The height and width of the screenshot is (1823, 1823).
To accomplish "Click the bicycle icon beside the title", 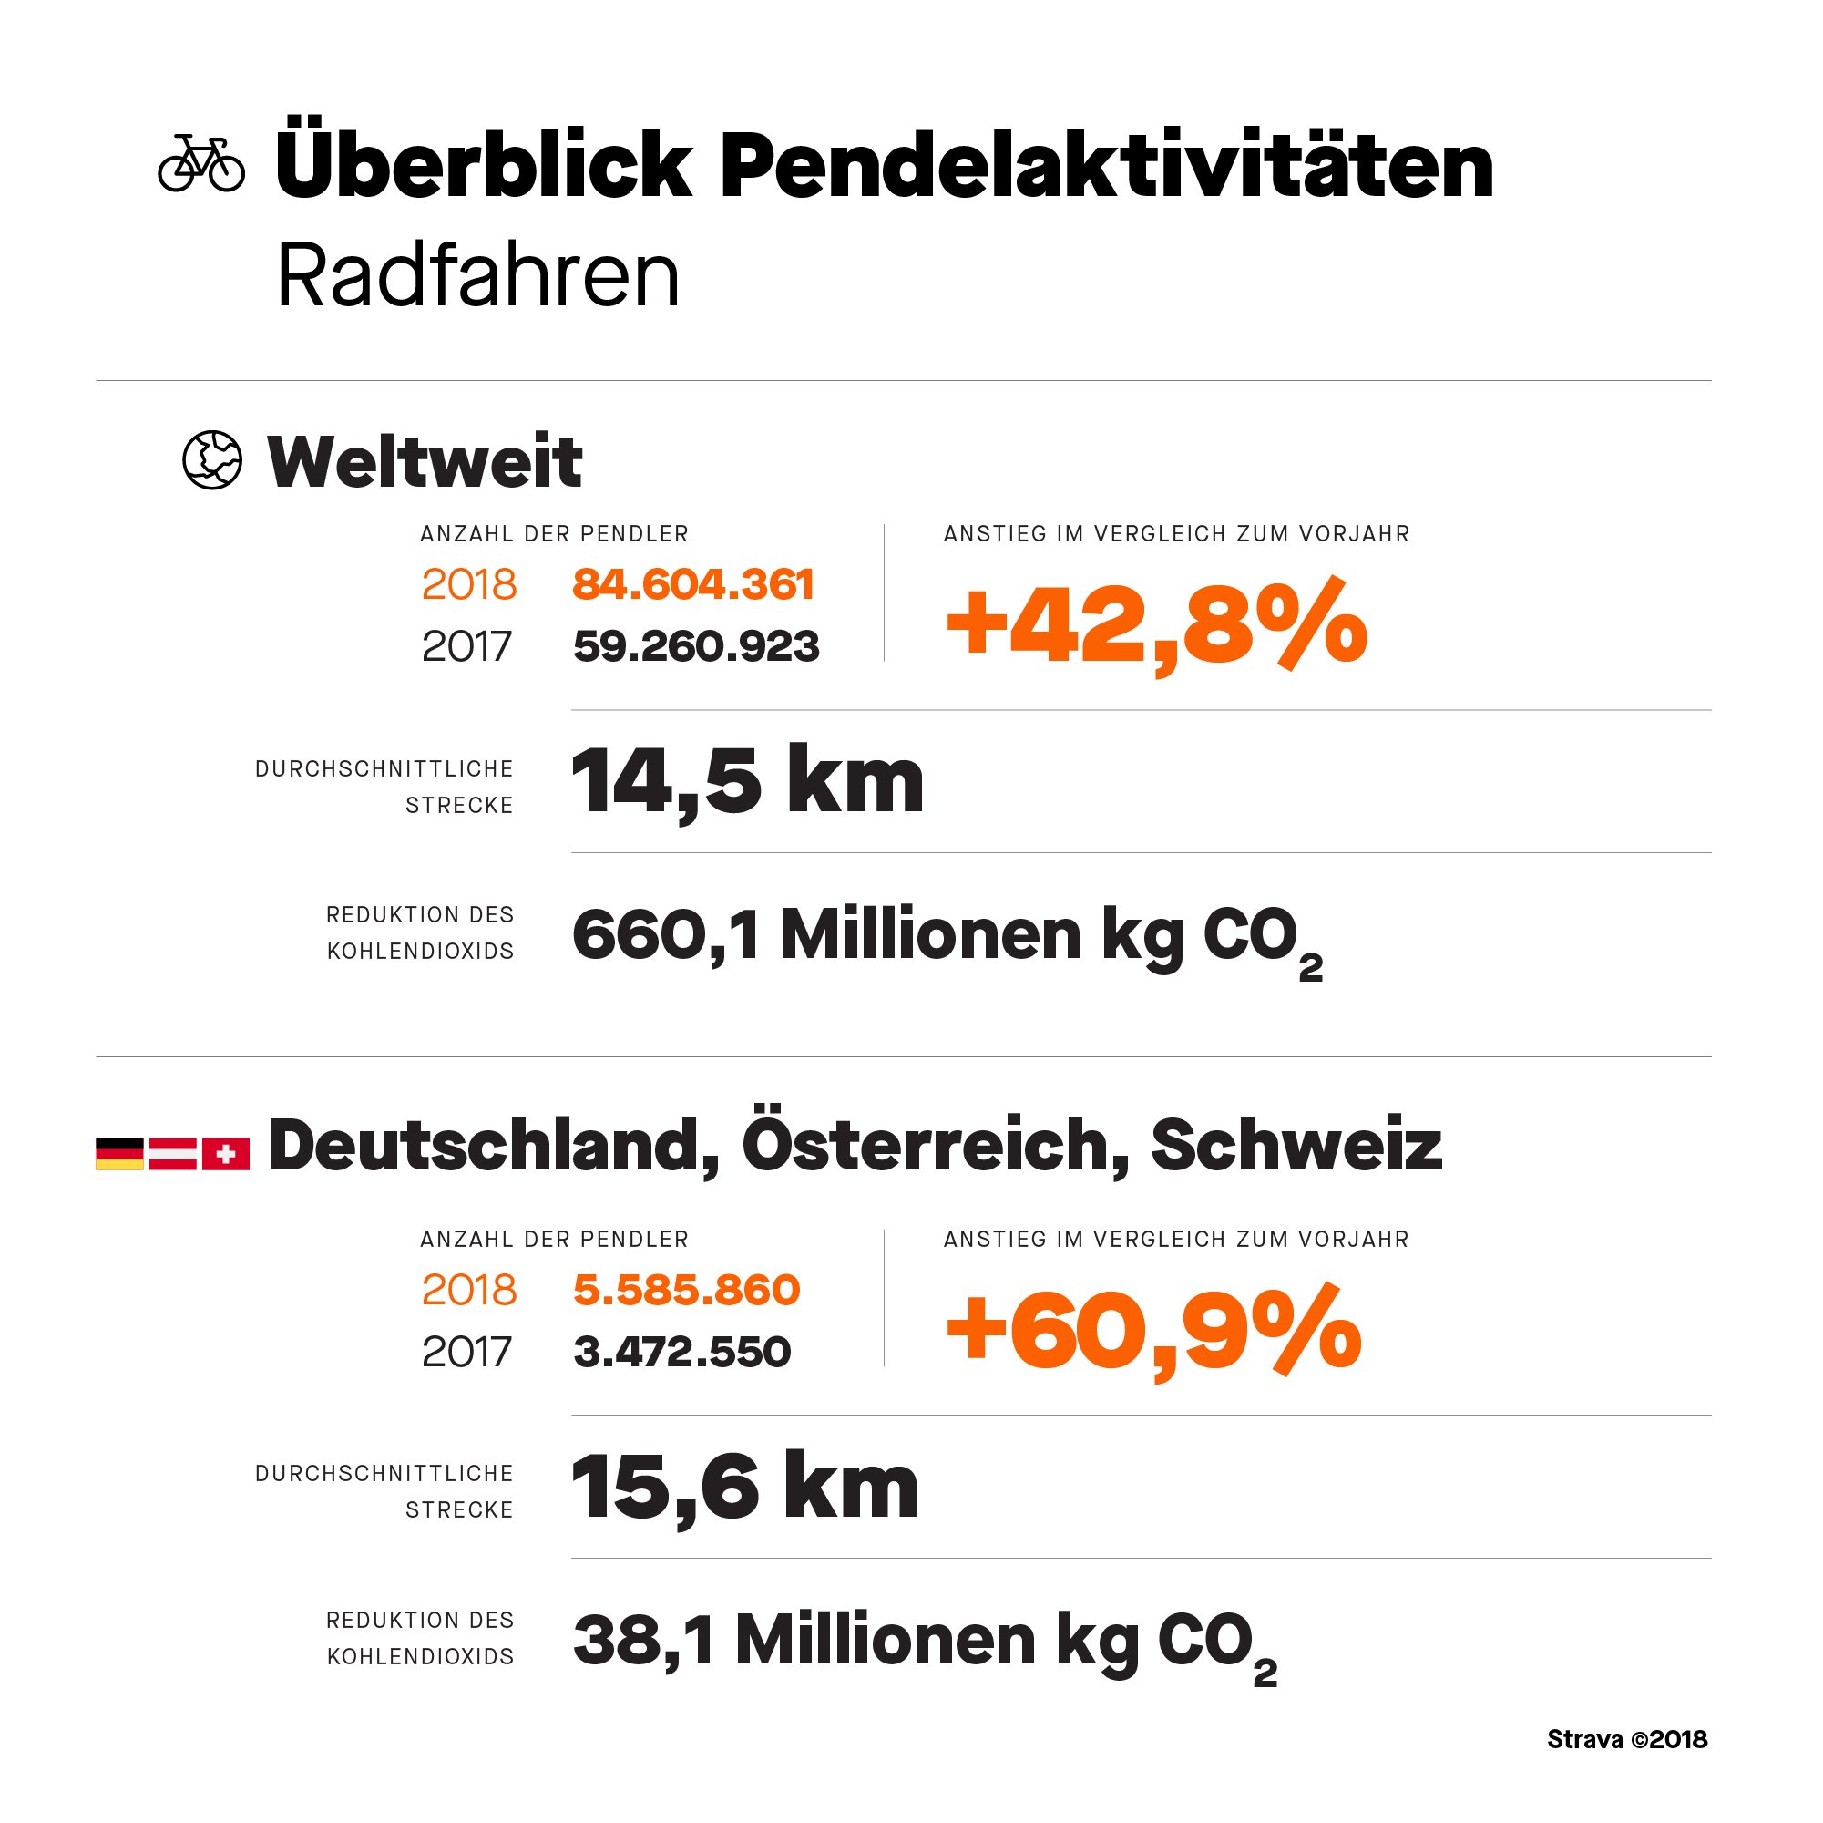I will tap(201, 163).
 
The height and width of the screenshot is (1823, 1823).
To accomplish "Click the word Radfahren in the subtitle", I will tap(477, 276).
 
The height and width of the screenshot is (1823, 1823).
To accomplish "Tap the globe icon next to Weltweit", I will tap(212, 460).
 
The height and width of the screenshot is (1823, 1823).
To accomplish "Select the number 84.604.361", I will tap(692, 584).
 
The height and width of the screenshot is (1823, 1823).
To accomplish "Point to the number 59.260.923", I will tap(695, 646).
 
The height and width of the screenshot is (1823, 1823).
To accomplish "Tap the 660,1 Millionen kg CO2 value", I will tap(947, 937).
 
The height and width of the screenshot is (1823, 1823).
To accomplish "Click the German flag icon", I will tap(120, 1154).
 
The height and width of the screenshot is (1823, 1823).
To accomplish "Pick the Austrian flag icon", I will tap(173, 1154).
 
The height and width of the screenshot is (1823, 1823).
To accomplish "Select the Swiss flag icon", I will tap(226, 1154).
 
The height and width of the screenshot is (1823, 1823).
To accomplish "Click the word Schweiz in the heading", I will tap(1296, 1145).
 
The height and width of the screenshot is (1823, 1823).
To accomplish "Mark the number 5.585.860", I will tap(686, 1290).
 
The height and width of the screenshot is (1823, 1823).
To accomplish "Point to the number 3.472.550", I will tap(681, 1352).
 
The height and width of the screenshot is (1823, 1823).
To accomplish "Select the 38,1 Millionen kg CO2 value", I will tap(924, 1643).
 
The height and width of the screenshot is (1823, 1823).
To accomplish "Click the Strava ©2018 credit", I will tap(1627, 1740).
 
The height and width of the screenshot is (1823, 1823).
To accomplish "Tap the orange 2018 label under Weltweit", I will tap(469, 584).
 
